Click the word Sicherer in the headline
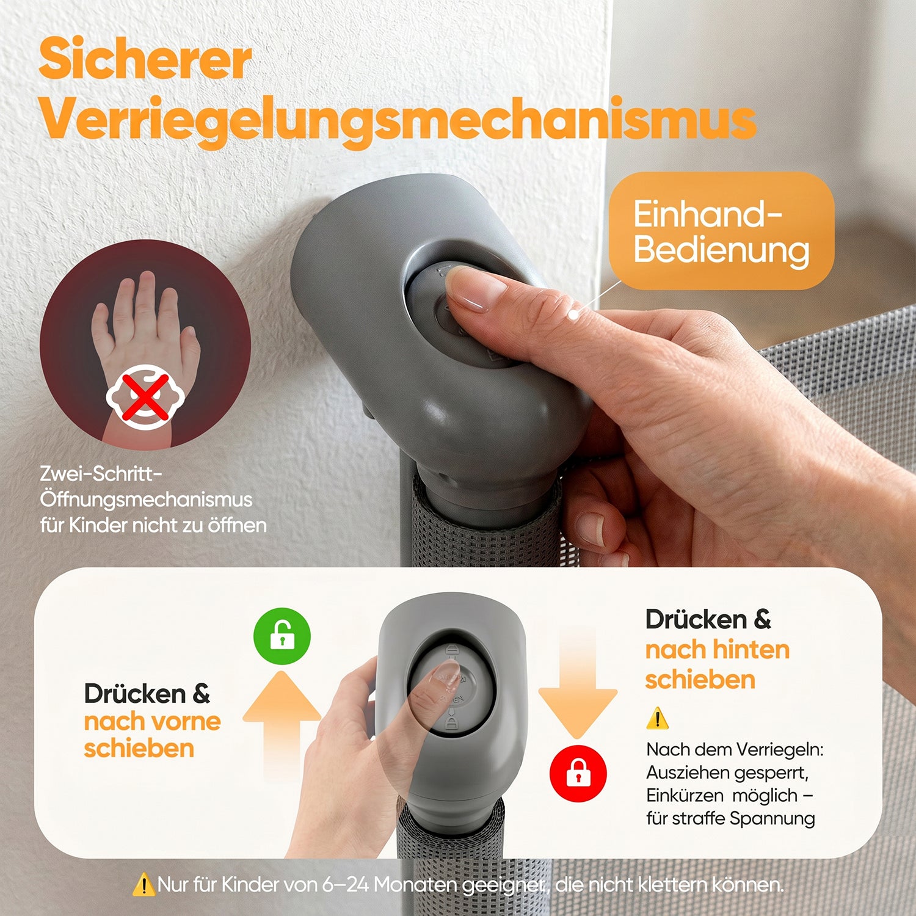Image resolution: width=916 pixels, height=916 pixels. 145,59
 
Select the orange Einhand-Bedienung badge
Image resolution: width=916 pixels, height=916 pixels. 721,231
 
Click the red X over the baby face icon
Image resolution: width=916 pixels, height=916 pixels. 145,398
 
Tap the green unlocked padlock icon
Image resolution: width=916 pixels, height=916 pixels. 282,636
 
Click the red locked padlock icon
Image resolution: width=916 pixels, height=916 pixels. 578,773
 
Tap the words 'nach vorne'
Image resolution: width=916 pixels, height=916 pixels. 153,722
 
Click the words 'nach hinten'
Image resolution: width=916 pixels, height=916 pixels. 718,650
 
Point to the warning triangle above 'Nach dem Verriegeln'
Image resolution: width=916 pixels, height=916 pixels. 657,719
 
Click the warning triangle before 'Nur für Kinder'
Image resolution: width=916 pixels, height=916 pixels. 144,884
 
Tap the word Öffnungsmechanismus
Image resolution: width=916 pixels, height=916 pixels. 146,500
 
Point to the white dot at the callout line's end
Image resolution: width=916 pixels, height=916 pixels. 573,314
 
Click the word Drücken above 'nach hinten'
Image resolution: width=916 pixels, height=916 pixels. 696,620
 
